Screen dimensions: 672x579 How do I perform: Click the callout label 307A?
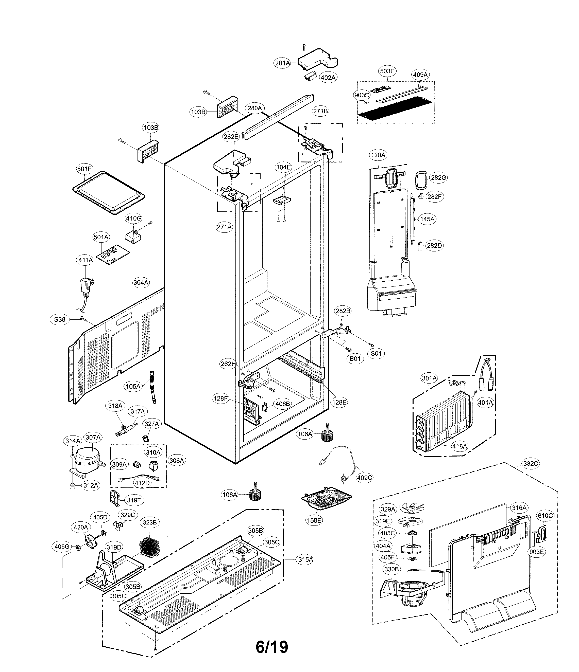[x=93, y=438]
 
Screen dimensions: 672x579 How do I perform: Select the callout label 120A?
[x=378, y=155]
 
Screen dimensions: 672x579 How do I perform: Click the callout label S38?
[x=60, y=319]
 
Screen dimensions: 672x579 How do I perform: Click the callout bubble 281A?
[x=282, y=63]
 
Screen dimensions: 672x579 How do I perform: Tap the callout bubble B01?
[x=355, y=358]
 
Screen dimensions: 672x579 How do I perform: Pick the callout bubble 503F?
[x=387, y=71]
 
